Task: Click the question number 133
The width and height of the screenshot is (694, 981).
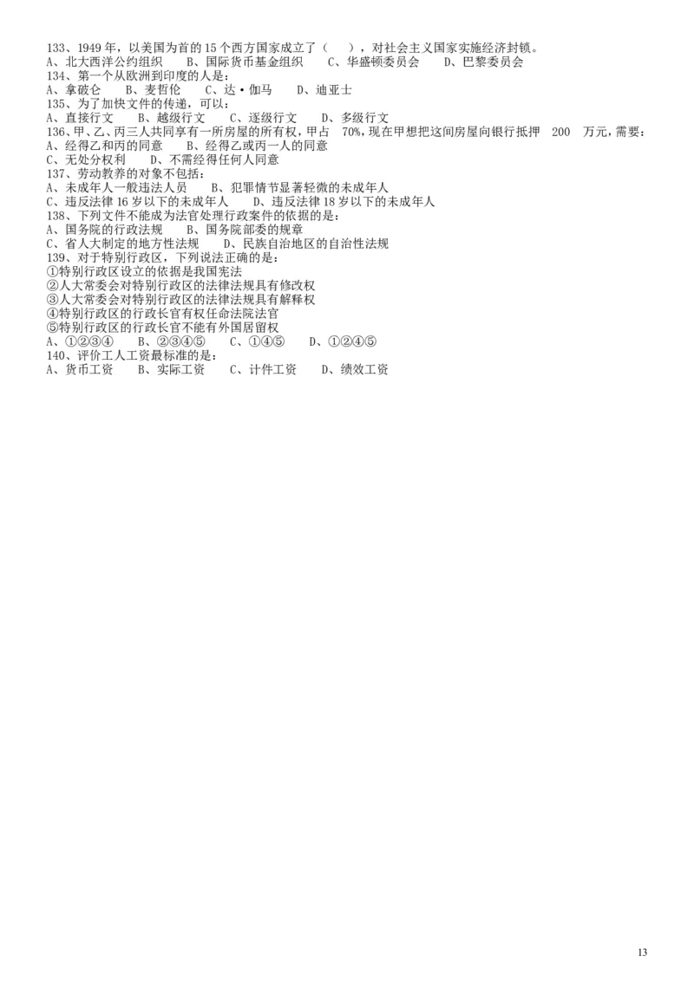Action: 55,48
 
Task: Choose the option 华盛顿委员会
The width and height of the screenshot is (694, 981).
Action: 383,62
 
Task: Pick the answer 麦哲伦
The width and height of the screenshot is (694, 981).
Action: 162,90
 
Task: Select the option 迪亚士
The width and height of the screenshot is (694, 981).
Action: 334,90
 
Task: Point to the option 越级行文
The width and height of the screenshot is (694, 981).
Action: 181,118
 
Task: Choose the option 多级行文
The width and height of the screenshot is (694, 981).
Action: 364,118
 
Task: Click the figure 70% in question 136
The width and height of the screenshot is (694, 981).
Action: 352,132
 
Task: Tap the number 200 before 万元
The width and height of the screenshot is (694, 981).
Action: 560,132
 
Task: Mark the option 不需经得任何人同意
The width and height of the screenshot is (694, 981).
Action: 224,159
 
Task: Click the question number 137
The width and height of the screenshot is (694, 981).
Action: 55,173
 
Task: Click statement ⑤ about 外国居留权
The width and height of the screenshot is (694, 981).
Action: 162,328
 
